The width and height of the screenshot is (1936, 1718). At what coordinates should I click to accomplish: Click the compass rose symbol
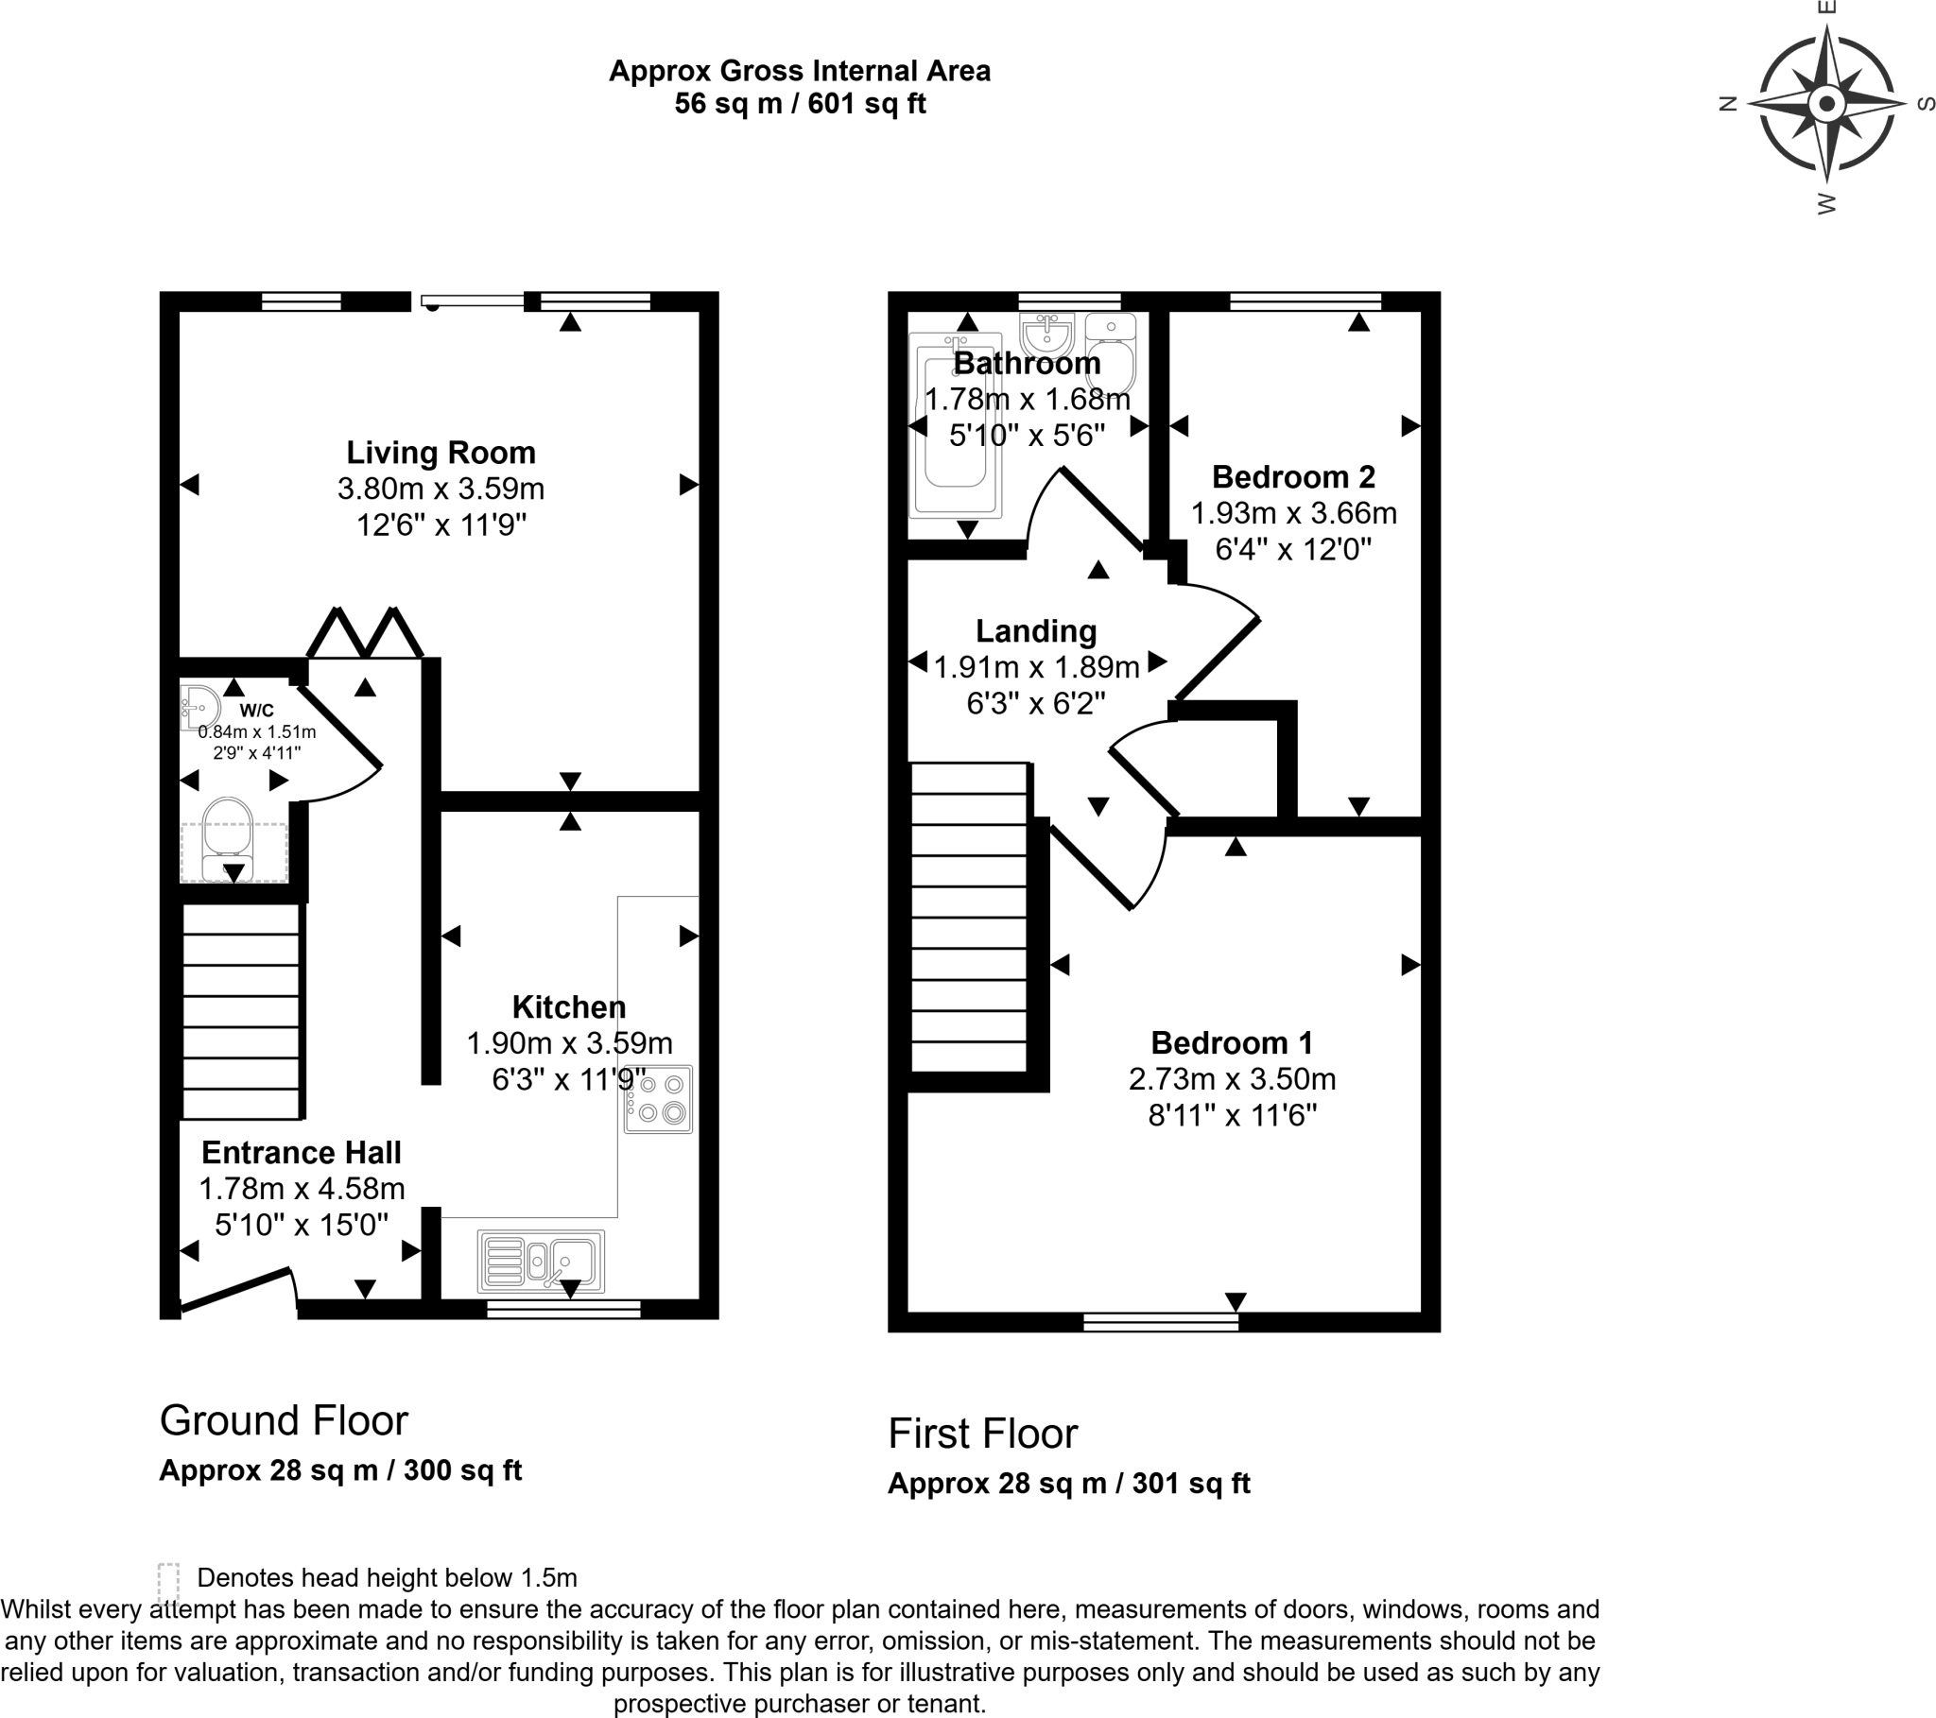coord(1826,104)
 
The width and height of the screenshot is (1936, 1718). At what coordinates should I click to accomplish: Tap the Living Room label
coord(441,453)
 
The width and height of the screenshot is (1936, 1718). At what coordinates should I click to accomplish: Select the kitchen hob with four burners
coord(658,1100)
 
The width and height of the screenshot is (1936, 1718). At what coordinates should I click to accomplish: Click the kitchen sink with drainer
coord(541,1261)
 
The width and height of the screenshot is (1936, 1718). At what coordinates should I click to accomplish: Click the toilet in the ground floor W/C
coord(227,837)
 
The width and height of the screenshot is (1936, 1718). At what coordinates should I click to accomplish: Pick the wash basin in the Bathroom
coord(1046,333)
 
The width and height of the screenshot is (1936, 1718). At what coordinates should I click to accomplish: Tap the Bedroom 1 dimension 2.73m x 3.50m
coord(1232,1079)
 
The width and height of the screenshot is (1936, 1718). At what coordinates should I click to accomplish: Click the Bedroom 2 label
coord(1293,476)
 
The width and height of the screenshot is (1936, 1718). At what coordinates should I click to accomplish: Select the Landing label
coord(1036,630)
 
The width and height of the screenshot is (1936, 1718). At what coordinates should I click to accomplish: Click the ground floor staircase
coord(241,1011)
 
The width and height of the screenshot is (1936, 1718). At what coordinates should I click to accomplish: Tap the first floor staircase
coord(969,917)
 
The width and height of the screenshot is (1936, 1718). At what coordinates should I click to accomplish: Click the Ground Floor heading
coord(284,1420)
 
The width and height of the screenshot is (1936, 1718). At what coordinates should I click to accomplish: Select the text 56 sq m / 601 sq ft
coord(800,103)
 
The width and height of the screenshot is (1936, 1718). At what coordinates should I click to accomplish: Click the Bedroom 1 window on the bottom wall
coord(1161,1322)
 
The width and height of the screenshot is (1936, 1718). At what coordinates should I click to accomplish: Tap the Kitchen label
coord(568,1006)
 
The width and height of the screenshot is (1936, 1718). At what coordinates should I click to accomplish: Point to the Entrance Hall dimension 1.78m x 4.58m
coord(302,1189)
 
